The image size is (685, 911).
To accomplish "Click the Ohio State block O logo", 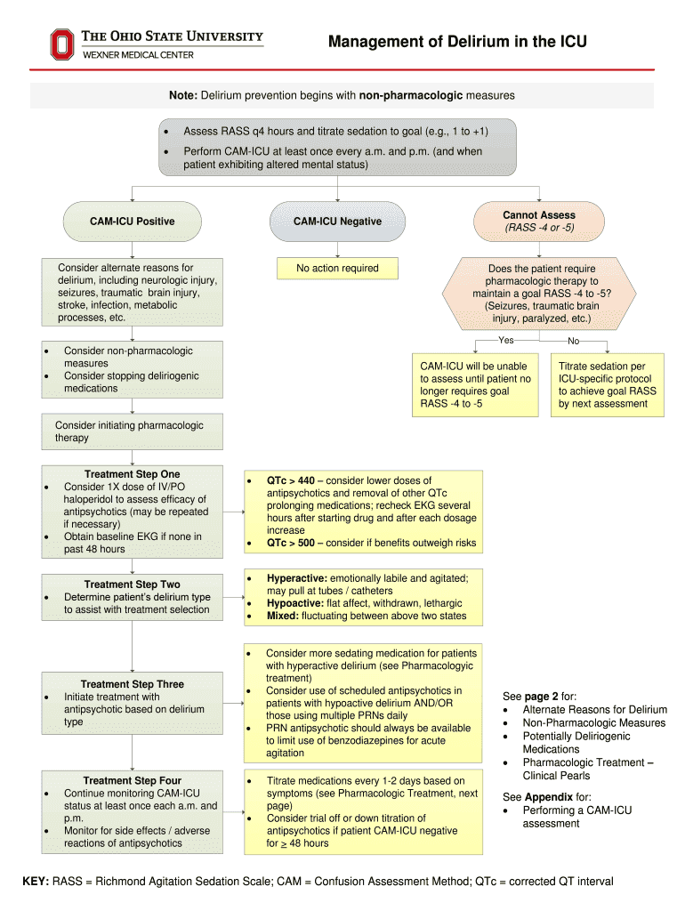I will pos(61,44).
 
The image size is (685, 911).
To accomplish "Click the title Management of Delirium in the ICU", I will pos(457,42).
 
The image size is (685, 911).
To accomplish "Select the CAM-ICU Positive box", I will pos(133,222).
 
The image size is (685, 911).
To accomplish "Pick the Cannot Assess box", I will pos(538,222).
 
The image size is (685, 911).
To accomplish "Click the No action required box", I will pos(337,269).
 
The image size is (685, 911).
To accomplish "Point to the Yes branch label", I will pos(506,340).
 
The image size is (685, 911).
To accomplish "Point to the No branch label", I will pos(574,341).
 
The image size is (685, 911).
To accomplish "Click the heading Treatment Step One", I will pos(132,474).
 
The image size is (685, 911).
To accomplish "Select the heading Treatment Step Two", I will pos(133,584).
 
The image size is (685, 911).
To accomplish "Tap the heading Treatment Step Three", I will pos(133,684).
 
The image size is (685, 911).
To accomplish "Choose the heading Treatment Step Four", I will pos(133,780).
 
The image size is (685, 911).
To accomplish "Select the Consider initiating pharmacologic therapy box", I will pos(133,431).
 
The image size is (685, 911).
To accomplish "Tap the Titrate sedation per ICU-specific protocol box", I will pos(608,384).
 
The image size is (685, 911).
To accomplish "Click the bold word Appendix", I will pos(548,797).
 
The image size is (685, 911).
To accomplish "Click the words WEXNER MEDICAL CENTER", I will pos(138,55).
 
